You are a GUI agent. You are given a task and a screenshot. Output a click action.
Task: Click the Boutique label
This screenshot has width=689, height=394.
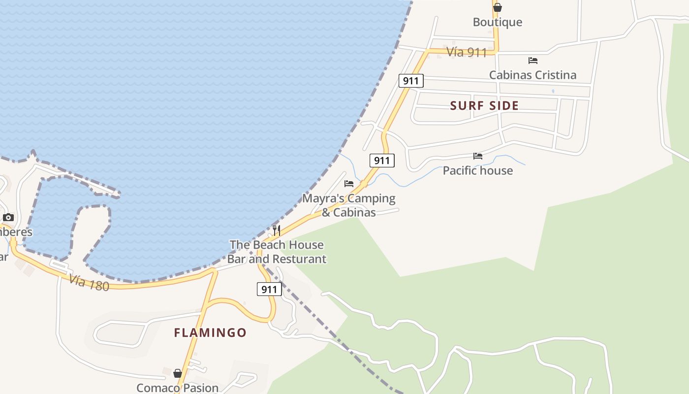(497, 22)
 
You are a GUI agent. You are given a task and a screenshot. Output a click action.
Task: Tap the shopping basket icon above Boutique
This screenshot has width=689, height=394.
(498, 7)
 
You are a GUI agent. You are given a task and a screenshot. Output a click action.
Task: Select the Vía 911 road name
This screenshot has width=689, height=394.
(467, 52)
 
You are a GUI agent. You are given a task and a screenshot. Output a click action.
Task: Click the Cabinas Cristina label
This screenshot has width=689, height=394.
(532, 75)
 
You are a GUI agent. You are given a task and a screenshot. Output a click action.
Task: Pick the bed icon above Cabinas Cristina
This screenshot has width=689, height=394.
(532, 61)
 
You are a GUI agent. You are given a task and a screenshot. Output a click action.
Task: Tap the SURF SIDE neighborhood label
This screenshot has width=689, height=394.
(484, 105)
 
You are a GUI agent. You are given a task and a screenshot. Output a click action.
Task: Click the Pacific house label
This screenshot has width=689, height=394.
(477, 170)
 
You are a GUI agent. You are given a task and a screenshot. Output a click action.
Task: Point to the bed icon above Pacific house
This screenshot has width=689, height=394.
(477, 156)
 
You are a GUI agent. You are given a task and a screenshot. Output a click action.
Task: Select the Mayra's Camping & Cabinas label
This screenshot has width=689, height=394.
(348, 205)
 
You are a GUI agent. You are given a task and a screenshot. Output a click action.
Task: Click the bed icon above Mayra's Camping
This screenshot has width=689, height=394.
(349, 184)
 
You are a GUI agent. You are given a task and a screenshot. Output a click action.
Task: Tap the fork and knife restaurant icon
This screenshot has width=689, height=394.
(277, 230)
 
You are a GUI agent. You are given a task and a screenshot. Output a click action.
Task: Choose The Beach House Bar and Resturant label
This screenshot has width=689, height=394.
(277, 252)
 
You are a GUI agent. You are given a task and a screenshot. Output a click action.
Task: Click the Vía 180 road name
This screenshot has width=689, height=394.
(89, 282)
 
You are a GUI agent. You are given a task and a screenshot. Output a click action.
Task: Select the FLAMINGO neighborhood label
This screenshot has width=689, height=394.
(210, 332)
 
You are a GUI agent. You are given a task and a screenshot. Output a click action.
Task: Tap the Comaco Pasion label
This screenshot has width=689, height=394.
(177, 388)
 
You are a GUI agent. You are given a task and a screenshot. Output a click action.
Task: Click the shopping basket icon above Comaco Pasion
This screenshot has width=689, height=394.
(178, 373)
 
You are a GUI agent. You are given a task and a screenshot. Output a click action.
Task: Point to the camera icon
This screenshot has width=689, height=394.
(8, 217)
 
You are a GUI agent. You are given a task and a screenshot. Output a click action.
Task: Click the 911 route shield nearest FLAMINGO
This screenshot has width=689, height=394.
(269, 289)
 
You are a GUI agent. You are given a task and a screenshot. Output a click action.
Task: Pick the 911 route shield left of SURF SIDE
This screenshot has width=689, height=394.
(410, 81)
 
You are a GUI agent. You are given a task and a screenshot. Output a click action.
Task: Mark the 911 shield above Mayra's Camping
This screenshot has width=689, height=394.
(381, 160)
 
